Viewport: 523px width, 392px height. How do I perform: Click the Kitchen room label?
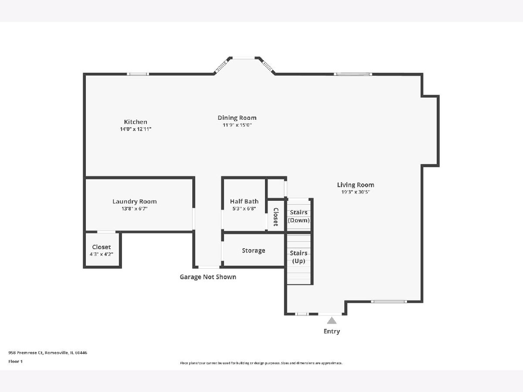pyautogui.click(x=136, y=122)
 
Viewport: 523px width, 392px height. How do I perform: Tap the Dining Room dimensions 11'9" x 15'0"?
pyautogui.click(x=237, y=125)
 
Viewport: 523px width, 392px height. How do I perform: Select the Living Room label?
pyautogui.click(x=356, y=185)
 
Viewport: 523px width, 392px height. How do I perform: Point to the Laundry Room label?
pyautogui.click(x=135, y=202)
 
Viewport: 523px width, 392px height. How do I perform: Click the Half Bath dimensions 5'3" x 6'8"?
pyautogui.click(x=244, y=209)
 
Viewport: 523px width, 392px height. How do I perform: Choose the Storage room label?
pyautogui.click(x=254, y=250)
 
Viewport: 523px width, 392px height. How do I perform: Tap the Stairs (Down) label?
pyautogui.click(x=299, y=216)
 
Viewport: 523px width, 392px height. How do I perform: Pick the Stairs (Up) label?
pyautogui.click(x=299, y=257)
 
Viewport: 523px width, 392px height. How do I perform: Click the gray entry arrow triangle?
pyautogui.click(x=332, y=321)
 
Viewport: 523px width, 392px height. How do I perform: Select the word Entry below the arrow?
pyautogui.click(x=332, y=331)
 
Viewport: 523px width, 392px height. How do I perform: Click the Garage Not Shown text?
pyautogui.click(x=208, y=277)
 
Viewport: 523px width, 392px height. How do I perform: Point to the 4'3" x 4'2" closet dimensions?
pyautogui.click(x=102, y=254)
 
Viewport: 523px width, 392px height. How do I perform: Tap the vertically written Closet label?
pyautogui.click(x=276, y=217)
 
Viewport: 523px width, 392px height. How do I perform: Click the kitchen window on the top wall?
pyautogui.click(x=138, y=74)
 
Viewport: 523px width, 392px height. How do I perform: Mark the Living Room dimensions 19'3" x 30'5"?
pyautogui.click(x=356, y=192)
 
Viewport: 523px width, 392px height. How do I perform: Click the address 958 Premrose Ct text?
pyautogui.click(x=26, y=353)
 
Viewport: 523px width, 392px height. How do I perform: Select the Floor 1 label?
pyautogui.click(x=16, y=362)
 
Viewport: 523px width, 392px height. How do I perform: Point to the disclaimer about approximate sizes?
pyautogui.click(x=261, y=363)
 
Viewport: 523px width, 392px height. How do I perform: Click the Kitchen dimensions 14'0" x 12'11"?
pyautogui.click(x=136, y=129)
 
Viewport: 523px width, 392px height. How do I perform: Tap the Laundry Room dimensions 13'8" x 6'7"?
pyautogui.click(x=135, y=209)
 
